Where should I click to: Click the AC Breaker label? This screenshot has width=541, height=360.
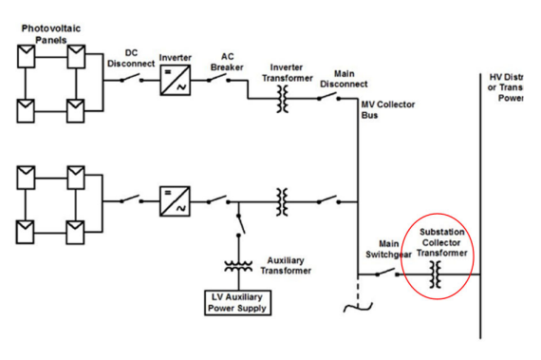click(x=233, y=61)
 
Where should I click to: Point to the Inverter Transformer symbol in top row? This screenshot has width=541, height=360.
click(x=282, y=98)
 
